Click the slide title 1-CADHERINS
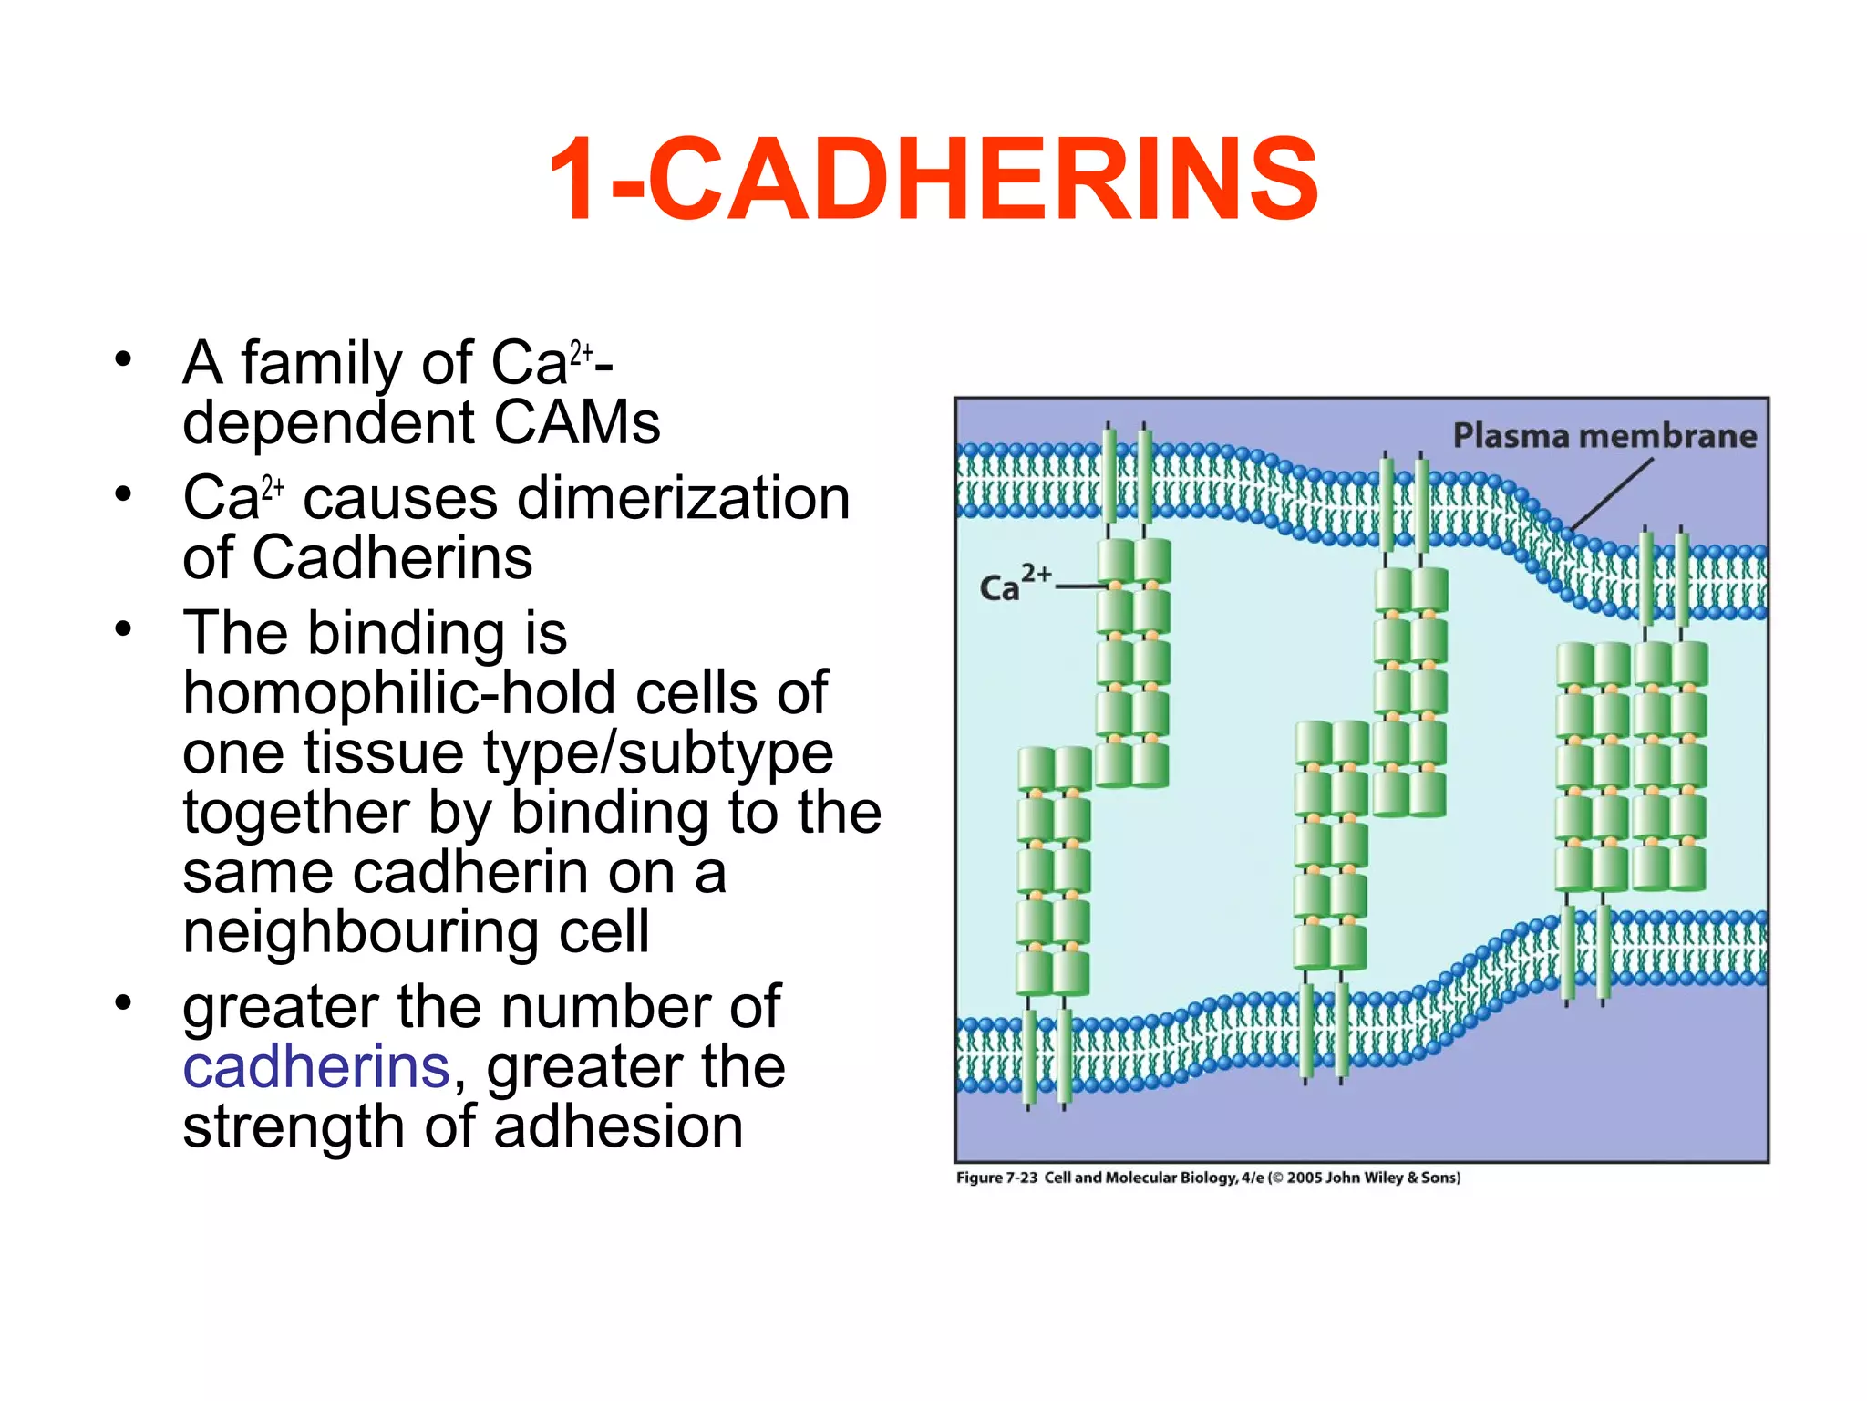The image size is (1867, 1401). pyautogui.click(x=933, y=179)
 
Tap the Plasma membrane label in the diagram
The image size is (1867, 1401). pyautogui.click(x=1604, y=436)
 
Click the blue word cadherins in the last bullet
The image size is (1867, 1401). pyautogui.click(x=316, y=1066)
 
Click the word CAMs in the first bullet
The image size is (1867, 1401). pyautogui.click(x=576, y=422)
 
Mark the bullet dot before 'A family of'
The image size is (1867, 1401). pyautogui.click(x=123, y=359)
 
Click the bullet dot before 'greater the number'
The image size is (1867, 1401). pyautogui.click(x=123, y=1003)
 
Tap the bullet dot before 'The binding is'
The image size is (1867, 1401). pyautogui.click(x=123, y=629)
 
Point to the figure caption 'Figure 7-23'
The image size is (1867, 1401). pyautogui.click(x=996, y=1178)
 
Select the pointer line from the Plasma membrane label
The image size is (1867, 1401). pyautogui.click(x=1612, y=493)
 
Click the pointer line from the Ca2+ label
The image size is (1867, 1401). pyautogui.click(x=1080, y=586)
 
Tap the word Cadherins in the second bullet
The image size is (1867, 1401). pyautogui.click(x=392, y=557)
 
